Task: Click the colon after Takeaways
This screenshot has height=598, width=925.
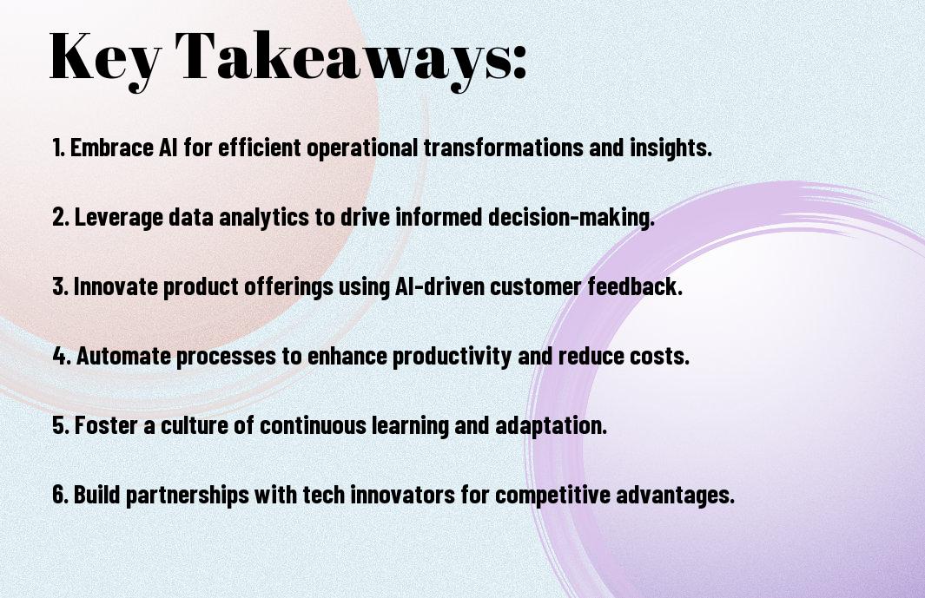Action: point(519,63)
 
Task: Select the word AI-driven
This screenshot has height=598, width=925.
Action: point(438,286)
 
